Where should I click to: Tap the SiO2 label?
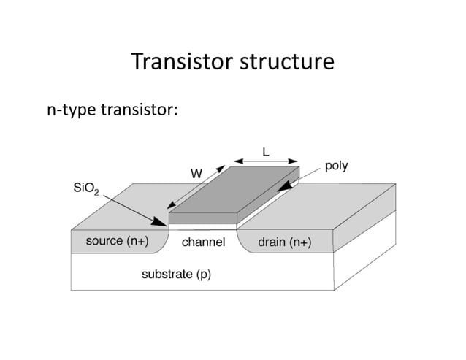(88, 190)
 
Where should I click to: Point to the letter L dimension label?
(266, 150)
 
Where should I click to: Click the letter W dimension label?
(196, 174)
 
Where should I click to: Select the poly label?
(336, 166)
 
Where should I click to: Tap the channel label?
(203, 242)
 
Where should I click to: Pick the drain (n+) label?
(284, 242)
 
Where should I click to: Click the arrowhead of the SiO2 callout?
(164, 223)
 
